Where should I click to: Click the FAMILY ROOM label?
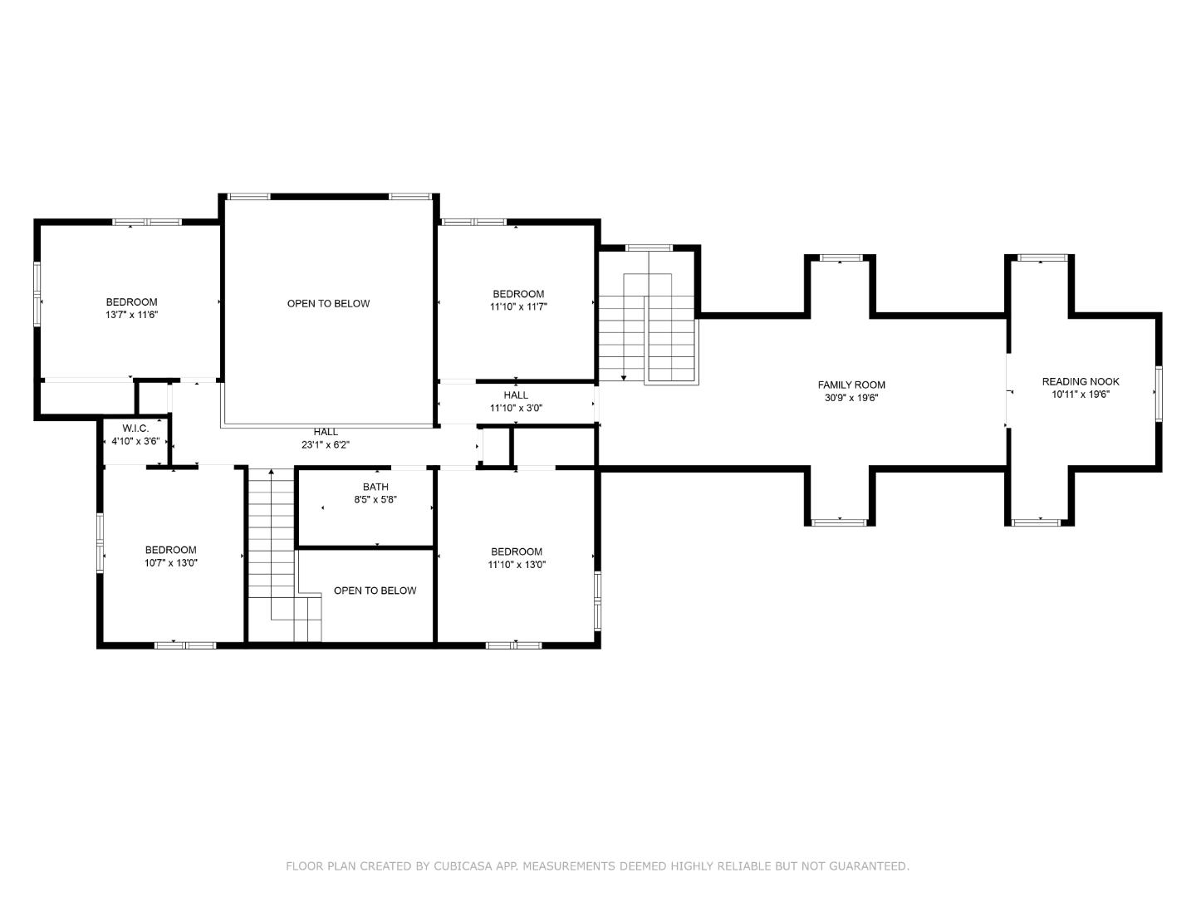point(851,385)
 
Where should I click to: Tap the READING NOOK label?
point(1081,381)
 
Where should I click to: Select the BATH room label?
point(375,487)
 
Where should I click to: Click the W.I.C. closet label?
point(135,428)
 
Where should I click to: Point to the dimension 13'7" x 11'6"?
point(131,316)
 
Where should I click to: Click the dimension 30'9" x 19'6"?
point(851,398)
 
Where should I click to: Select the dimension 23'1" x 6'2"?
point(326,445)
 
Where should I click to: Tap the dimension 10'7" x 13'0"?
point(170,563)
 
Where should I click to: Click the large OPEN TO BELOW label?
point(328,303)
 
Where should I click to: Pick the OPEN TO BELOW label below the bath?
point(375,591)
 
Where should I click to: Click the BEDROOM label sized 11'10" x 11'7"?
point(518,294)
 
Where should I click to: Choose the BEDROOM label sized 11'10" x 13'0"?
point(517,551)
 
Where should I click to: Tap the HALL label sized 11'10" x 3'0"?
point(515,395)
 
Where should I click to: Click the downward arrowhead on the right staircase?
point(624,377)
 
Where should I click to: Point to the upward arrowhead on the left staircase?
point(271,473)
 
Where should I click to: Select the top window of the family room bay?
point(840,258)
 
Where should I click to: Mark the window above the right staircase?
point(649,248)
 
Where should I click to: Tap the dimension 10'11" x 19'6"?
point(1081,395)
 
